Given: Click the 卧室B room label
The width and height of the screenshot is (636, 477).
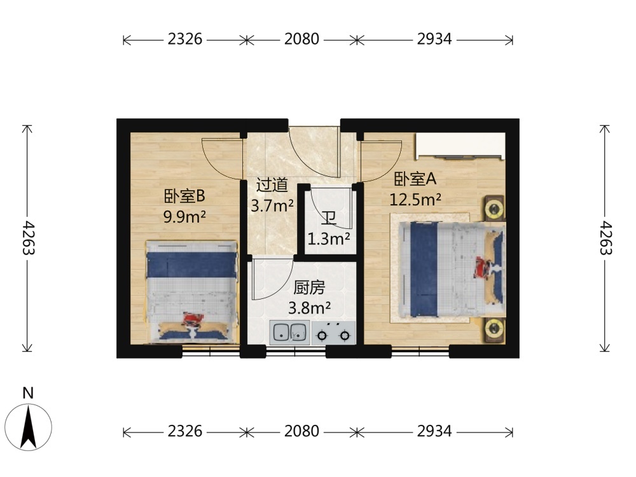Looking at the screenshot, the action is click(x=184, y=197).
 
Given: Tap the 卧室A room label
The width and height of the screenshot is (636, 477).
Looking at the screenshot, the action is click(x=415, y=179).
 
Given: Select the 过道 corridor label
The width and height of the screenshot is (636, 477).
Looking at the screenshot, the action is click(x=272, y=185).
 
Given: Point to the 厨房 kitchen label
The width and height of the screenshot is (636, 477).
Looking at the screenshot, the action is click(x=309, y=287).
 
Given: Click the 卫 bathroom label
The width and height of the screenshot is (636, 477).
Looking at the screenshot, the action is click(x=329, y=219).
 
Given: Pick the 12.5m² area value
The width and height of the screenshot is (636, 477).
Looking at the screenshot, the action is click(x=415, y=199).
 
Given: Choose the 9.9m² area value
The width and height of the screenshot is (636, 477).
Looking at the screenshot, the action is click(x=184, y=217).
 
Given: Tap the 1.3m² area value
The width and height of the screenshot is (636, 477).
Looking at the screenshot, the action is click(x=329, y=239).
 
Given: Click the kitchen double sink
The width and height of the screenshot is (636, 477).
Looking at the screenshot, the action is click(x=289, y=333).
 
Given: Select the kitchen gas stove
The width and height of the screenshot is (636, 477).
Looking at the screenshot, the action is click(x=333, y=333).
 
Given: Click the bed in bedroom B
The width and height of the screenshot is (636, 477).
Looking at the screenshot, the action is click(x=191, y=292).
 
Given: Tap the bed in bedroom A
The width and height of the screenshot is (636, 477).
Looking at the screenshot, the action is click(x=452, y=269).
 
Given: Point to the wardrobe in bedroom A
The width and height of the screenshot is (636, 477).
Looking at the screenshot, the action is click(x=460, y=146).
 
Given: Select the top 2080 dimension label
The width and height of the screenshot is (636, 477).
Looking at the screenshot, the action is click(x=301, y=39).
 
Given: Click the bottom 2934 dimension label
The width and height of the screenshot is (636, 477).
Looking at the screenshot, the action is click(x=434, y=431).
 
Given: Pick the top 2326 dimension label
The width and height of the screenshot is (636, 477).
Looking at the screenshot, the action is click(x=185, y=39).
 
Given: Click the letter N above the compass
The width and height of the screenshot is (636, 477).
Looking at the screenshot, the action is click(x=28, y=393).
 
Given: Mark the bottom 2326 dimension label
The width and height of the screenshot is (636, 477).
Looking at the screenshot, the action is click(x=185, y=431).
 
